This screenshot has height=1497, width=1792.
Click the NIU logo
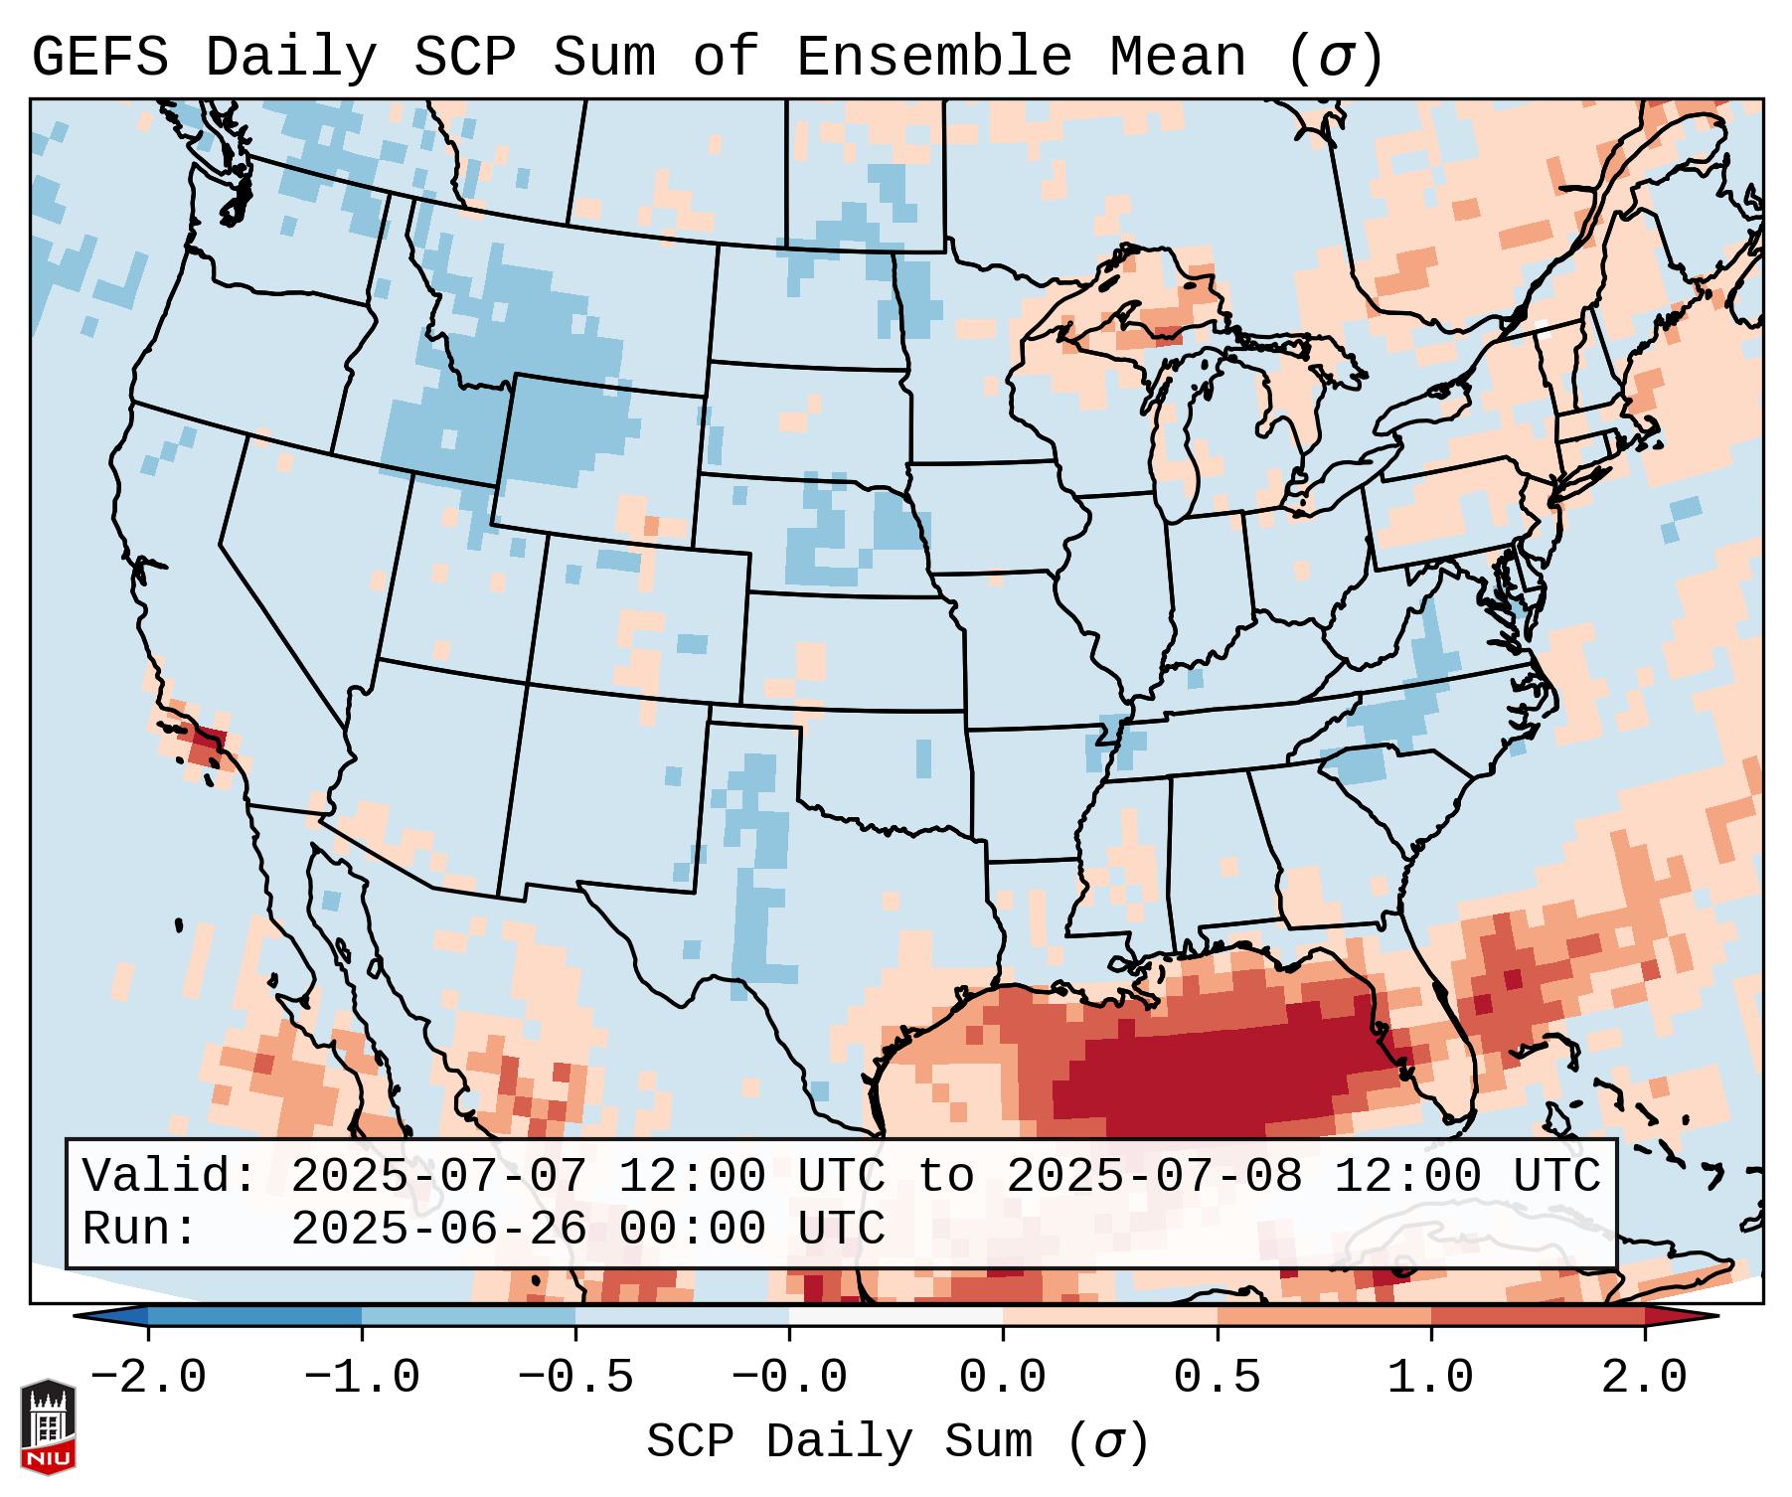(48, 1425)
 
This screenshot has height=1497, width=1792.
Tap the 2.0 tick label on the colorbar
(1644, 1378)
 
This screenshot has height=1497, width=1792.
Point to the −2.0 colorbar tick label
(148, 1378)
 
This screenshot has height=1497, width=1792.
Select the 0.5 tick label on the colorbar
(1217, 1378)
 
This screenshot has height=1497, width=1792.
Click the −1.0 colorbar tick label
(362, 1378)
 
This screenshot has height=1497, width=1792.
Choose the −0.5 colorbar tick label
(575, 1378)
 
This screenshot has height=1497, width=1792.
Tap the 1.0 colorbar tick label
(1430, 1378)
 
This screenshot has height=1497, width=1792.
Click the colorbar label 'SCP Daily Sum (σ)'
(897, 1442)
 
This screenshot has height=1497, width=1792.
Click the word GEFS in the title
(99, 58)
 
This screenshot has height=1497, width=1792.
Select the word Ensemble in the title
(934, 58)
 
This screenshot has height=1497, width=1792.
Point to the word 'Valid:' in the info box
(169, 1176)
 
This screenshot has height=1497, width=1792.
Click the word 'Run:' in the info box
(139, 1229)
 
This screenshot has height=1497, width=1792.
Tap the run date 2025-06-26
(439, 1229)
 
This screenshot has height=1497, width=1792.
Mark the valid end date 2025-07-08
(1154, 1176)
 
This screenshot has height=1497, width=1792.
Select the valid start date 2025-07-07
(439, 1176)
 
